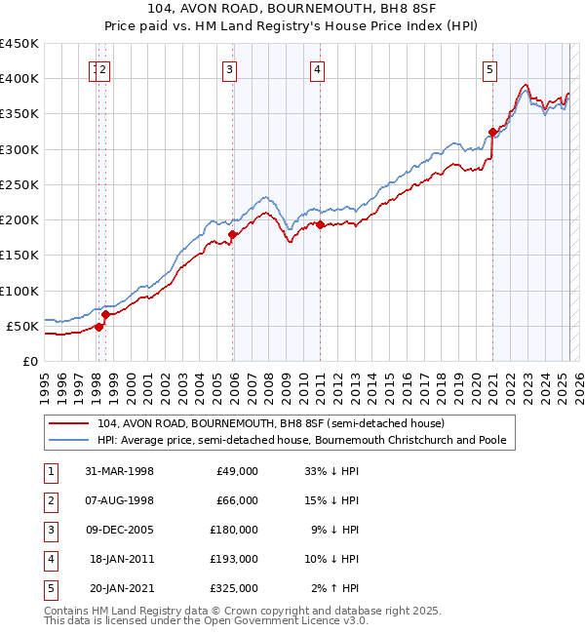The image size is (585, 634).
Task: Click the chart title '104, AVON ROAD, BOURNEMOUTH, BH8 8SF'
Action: point(292,11)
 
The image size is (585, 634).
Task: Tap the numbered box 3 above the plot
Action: point(229,69)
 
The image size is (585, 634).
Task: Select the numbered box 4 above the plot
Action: point(318,69)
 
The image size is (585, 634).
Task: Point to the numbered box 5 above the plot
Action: point(488,69)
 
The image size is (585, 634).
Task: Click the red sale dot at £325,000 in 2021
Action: point(492,132)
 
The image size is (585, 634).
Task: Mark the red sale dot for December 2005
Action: point(232,234)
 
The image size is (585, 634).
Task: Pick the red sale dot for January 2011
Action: point(320,224)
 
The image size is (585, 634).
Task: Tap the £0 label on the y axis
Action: point(29,361)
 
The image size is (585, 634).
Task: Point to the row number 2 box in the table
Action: point(50,502)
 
